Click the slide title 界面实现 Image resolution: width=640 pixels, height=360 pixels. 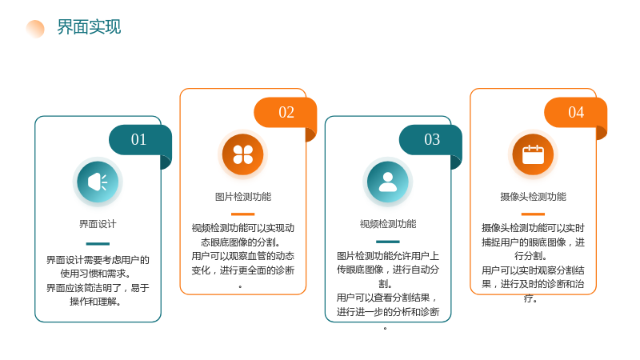89,27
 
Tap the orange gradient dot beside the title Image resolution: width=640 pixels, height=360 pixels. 35,29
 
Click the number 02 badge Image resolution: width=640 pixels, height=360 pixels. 286,112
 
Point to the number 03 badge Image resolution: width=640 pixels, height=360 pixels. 431,140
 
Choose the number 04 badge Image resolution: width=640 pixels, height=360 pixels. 576,112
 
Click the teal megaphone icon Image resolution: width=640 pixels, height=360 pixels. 98,182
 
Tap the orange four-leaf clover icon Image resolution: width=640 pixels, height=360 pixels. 243,154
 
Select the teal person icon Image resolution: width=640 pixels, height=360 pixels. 388,182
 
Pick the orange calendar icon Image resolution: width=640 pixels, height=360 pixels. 533,154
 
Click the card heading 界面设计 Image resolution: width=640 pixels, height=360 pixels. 98,224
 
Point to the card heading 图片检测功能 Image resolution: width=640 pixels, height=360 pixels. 243,197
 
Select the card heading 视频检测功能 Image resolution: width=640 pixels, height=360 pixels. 388,224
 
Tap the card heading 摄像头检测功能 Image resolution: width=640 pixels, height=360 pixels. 533,197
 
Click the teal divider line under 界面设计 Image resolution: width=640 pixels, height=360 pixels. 98,244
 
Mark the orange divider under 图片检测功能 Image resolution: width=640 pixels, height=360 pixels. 243,214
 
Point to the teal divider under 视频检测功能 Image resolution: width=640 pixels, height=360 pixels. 388,242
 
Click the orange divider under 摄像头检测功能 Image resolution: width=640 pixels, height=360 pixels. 533,214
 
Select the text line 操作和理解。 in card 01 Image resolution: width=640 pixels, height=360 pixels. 95,302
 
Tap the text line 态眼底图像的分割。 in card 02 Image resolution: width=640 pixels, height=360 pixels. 241,242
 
